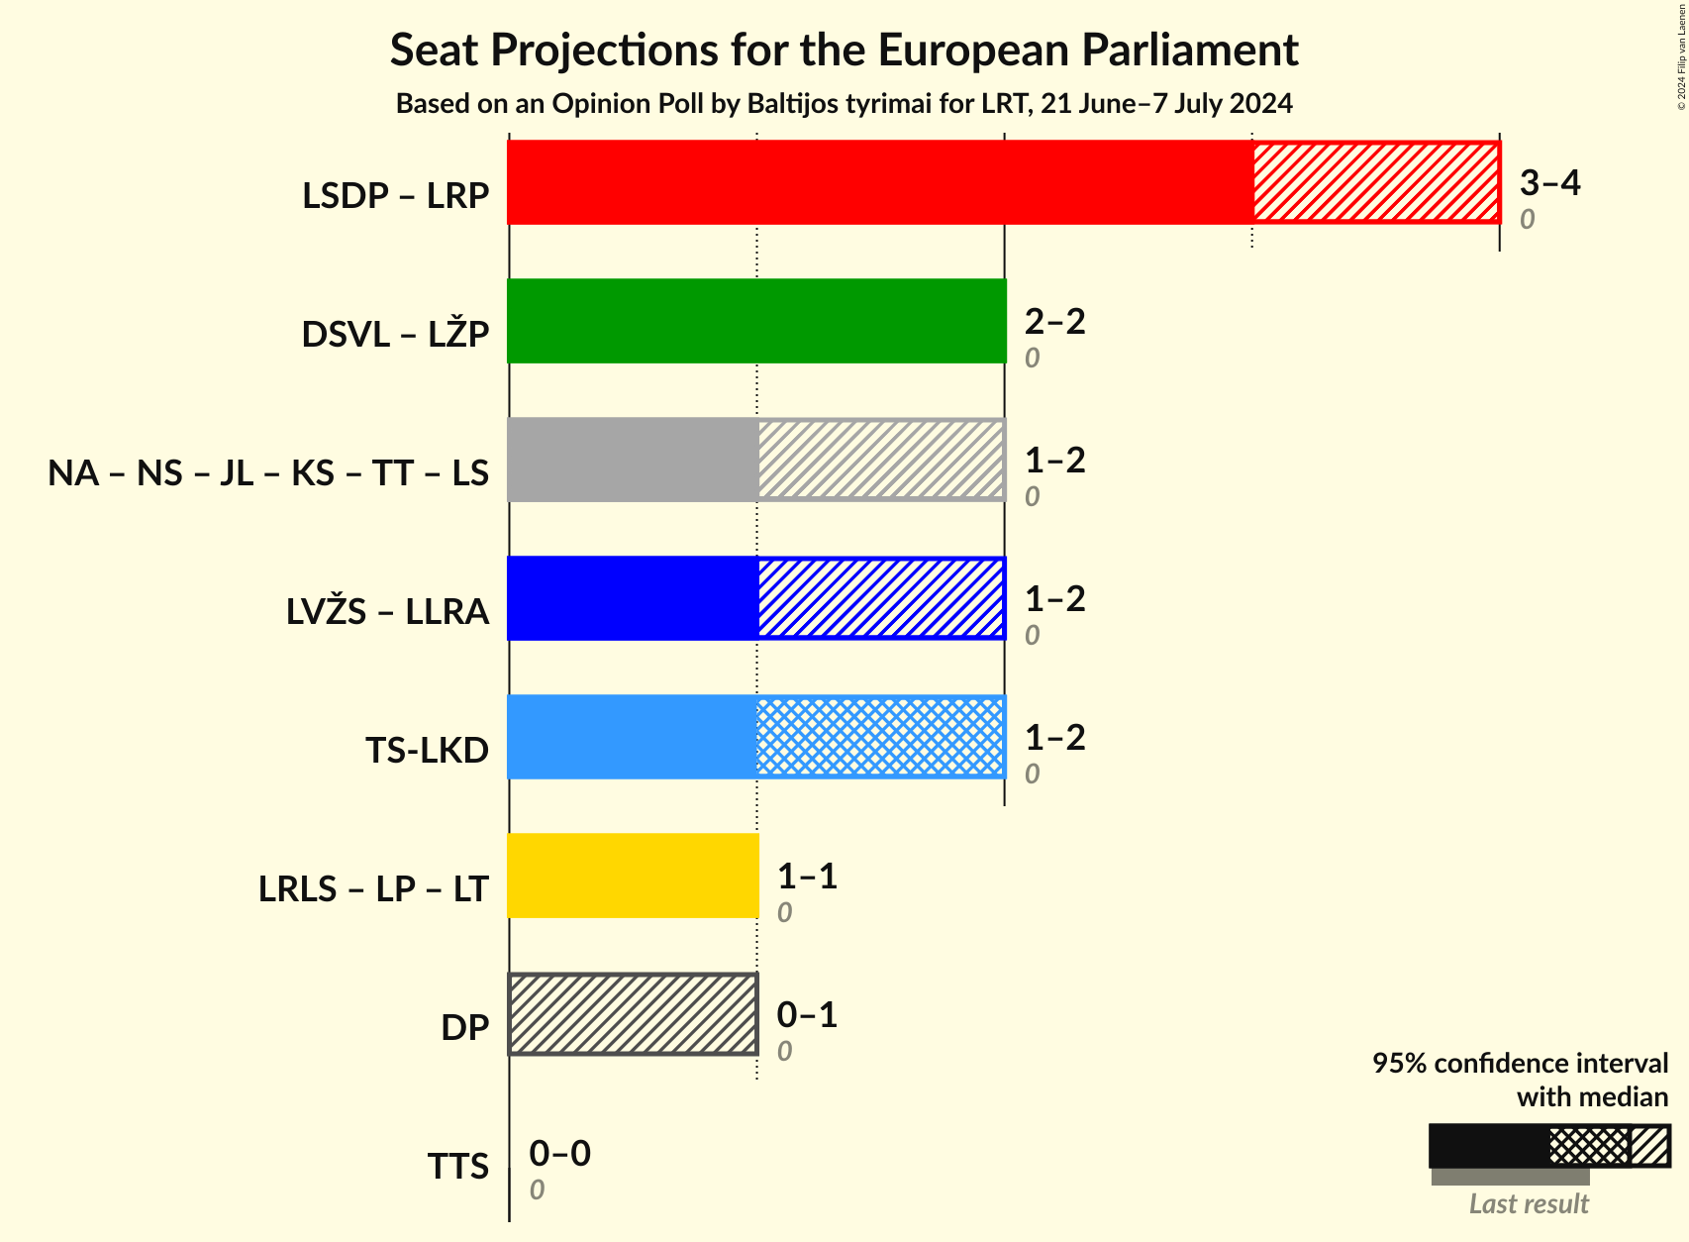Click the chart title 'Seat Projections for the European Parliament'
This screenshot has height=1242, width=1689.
click(844, 50)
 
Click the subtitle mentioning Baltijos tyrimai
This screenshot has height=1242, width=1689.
click(844, 104)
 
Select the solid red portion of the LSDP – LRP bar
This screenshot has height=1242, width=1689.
click(879, 182)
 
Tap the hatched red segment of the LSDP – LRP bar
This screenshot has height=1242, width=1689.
click(1376, 182)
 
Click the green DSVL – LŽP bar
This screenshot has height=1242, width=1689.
click(756, 321)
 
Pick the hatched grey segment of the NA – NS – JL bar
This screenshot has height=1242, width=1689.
click(881, 460)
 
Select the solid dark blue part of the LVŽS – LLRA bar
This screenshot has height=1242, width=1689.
click(633, 598)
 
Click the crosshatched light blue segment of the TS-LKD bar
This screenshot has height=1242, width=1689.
click(881, 737)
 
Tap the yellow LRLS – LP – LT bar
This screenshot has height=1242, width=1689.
click(633, 876)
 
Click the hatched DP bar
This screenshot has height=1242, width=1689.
click(633, 1014)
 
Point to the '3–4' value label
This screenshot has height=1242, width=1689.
click(1549, 182)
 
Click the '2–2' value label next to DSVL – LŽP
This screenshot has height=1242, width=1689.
click(1054, 321)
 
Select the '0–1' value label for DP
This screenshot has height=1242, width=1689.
click(807, 1014)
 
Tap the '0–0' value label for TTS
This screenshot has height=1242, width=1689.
click(559, 1153)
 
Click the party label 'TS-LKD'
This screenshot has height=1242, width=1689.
click(427, 751)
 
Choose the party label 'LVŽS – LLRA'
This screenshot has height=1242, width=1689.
click(387, 612)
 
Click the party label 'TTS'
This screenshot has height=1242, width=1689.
click(457, 1167)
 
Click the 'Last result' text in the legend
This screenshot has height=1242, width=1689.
click(1529, 1203)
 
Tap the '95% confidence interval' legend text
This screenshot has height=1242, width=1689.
click(1520, 1063)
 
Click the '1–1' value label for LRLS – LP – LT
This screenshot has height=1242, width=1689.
click(807, 876)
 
